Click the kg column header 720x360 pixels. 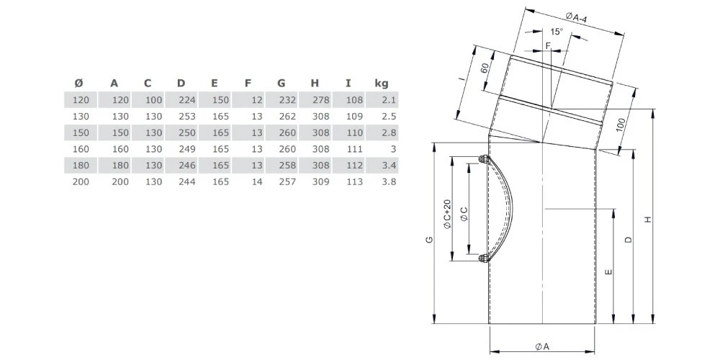[382, 84]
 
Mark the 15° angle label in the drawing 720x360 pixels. [556, 32]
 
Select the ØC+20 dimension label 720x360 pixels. [446, 214]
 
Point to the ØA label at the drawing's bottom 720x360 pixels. [543, 346]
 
